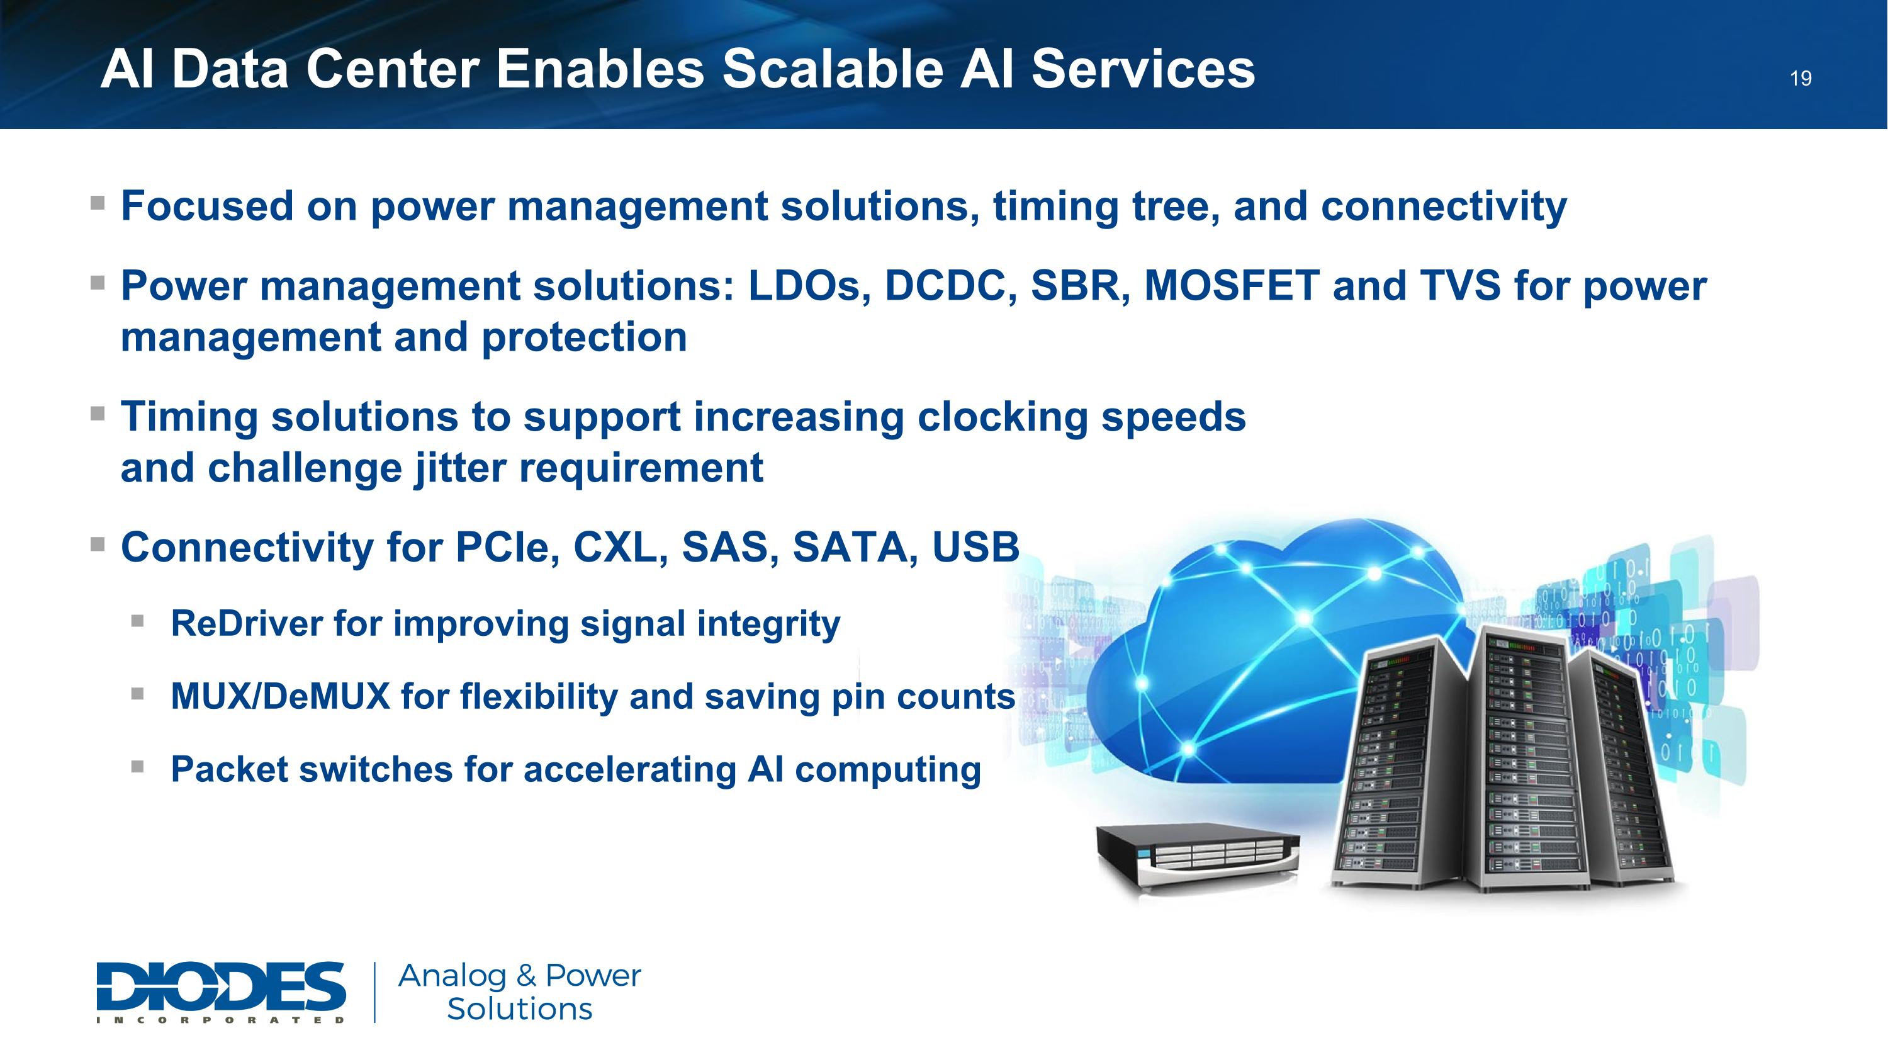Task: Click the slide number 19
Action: (x=1801, y=79)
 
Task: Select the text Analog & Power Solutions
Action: (x=520, y=991)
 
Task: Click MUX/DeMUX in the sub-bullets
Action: (x=280, y=696)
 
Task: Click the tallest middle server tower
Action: (x=1532, y=759)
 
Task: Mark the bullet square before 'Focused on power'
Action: (x=98, y=201)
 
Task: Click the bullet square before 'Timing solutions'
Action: (x=98, y=414)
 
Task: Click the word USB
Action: (x=975, y=548)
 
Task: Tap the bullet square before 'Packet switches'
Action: (x=138, y=766)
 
